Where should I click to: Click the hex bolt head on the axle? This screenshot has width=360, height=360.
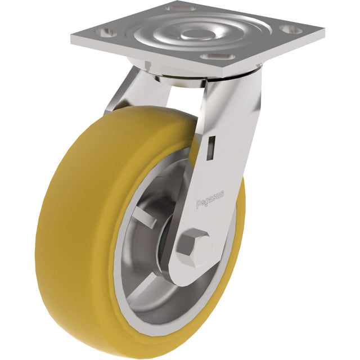pyautogui.click(x=195, y=246)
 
